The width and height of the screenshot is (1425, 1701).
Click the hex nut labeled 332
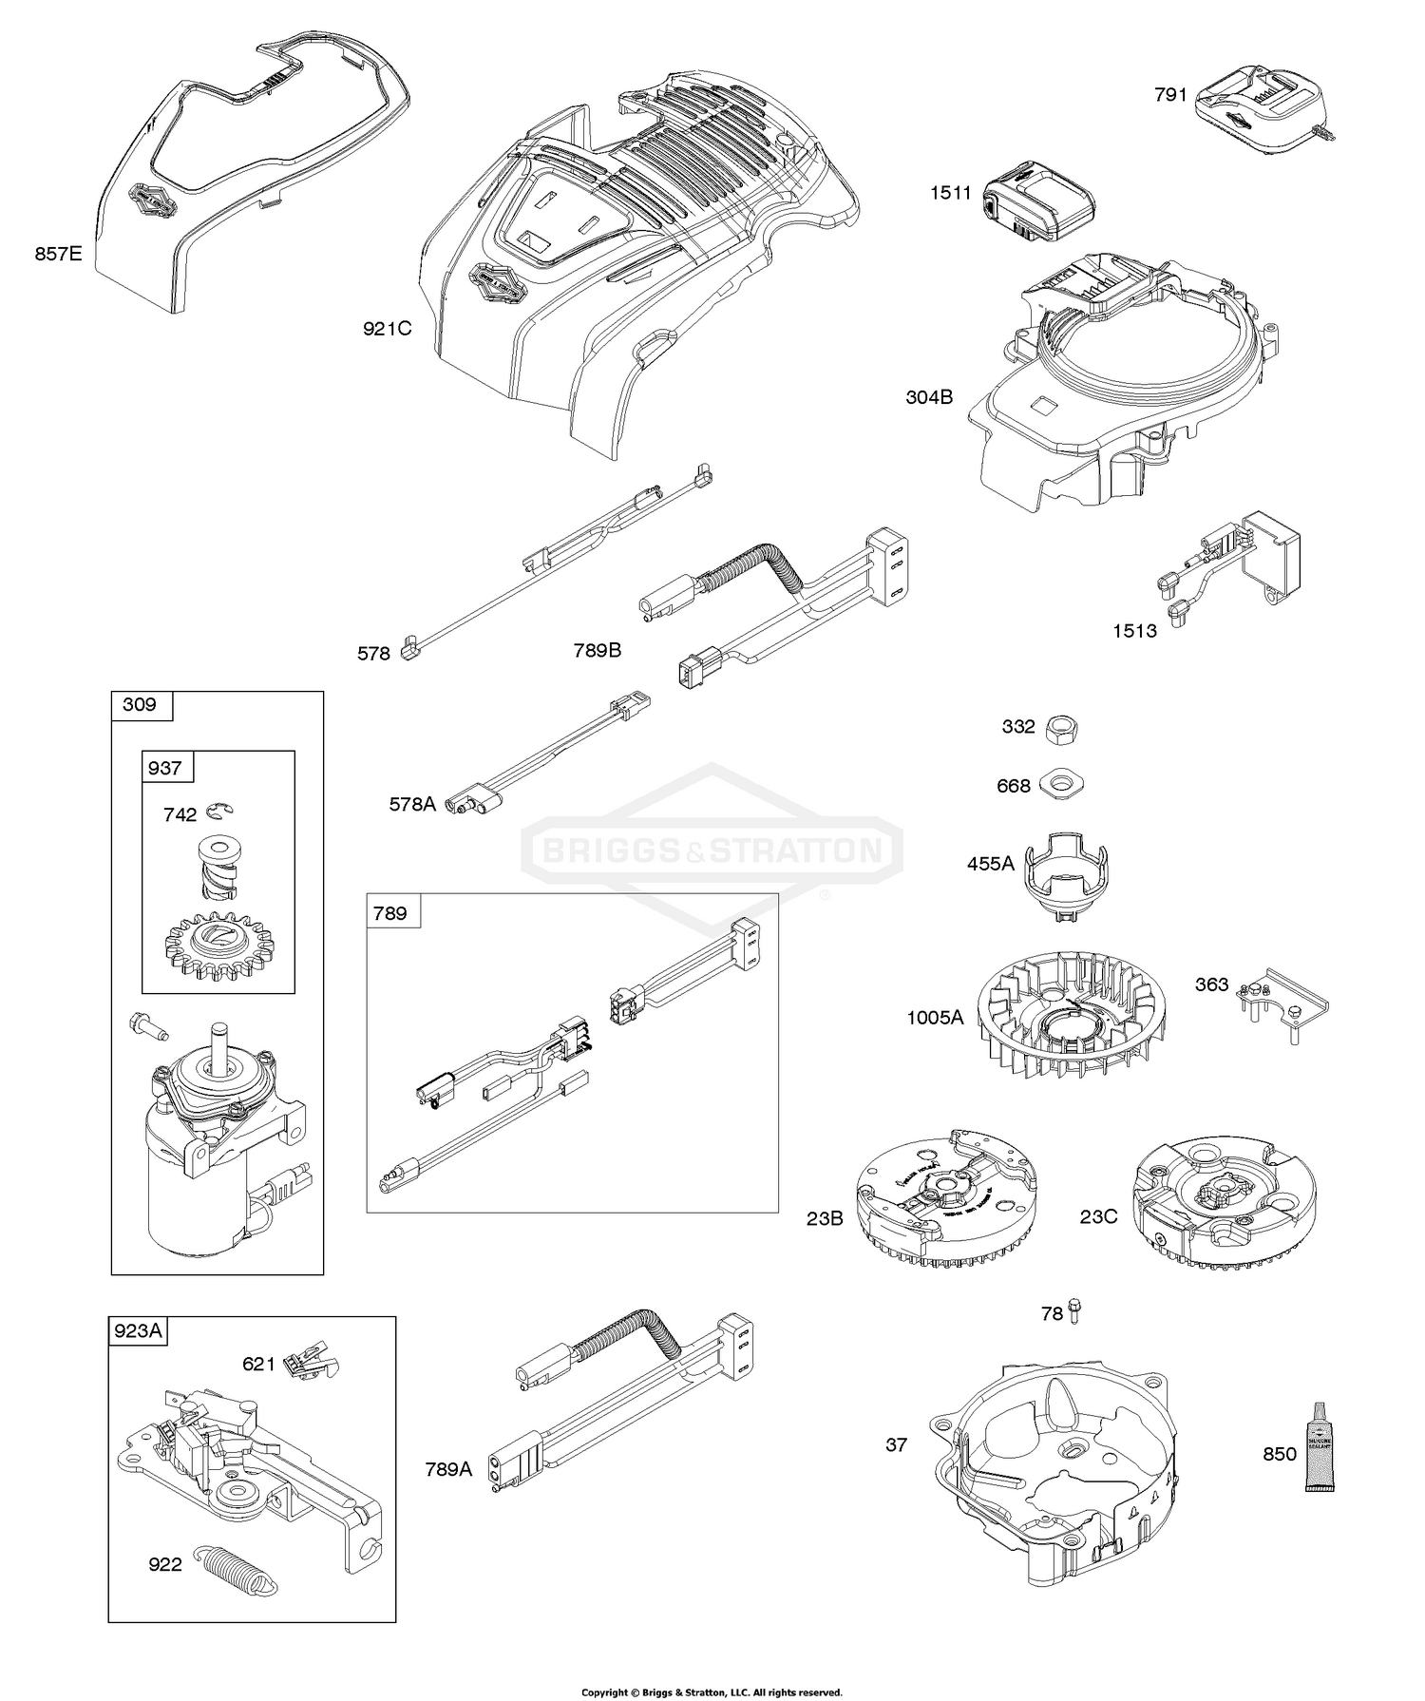coord(1063,729)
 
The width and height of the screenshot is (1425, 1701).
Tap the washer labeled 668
coord(1062,785)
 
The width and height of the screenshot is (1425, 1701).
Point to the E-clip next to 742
coord(220,811)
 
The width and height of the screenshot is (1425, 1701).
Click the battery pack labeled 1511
coord(1037,202)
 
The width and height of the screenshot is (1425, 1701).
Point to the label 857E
coord(59,254)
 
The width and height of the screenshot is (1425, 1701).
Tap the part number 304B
coord(929,397)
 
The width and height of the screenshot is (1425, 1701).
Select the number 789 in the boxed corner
coord(389,913)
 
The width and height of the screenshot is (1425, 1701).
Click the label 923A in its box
coord(138,1331)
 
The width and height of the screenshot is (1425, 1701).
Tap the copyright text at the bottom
coord(712,1691)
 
